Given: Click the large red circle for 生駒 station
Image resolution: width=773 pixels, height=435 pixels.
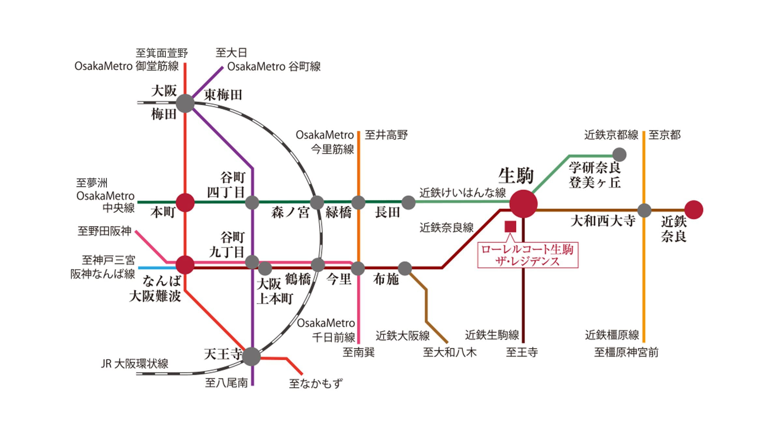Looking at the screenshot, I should [x=523, y=204].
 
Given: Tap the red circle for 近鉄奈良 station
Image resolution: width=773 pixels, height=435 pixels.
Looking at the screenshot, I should [x=693, y=210].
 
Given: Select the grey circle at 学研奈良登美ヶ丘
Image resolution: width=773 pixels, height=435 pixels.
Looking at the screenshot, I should [x=619, y=155].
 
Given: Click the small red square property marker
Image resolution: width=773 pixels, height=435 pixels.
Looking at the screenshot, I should [x=510, y=226].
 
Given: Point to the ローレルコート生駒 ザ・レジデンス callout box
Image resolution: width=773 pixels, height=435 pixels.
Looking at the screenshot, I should [x=528, y=255].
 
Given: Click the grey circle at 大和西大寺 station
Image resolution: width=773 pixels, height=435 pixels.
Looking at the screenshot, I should [x=644, y=210].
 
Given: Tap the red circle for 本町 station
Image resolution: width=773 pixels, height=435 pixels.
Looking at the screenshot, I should [x=185, y=202].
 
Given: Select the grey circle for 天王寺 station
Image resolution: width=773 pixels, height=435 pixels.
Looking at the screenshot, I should [x=252, y=356].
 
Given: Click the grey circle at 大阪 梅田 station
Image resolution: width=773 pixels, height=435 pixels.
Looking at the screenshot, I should [x=185, y=103].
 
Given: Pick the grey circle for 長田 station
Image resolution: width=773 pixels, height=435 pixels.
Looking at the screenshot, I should [x=408, y=202].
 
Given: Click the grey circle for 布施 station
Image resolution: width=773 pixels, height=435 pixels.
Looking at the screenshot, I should [x=405, y=268].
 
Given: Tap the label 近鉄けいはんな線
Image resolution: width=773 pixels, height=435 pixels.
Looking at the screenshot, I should [x=462, y=193].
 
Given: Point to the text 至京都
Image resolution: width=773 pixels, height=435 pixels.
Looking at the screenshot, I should [x=664, y=135].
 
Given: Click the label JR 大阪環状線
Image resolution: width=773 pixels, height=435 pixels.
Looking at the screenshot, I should [x=134, y=364].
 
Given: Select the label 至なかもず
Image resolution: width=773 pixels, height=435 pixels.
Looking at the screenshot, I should [x=316, y=383].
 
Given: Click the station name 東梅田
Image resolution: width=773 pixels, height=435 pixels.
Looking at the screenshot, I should [x=223, y=95].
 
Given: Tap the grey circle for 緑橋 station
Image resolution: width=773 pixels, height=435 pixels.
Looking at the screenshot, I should [x=358, y=202].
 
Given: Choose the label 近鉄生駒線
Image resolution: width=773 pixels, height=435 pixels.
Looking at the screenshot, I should [x=491, y=335].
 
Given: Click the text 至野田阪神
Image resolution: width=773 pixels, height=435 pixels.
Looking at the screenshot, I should [x=104, y=231].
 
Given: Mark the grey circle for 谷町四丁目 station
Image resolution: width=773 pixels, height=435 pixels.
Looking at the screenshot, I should [x=252, y=202].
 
